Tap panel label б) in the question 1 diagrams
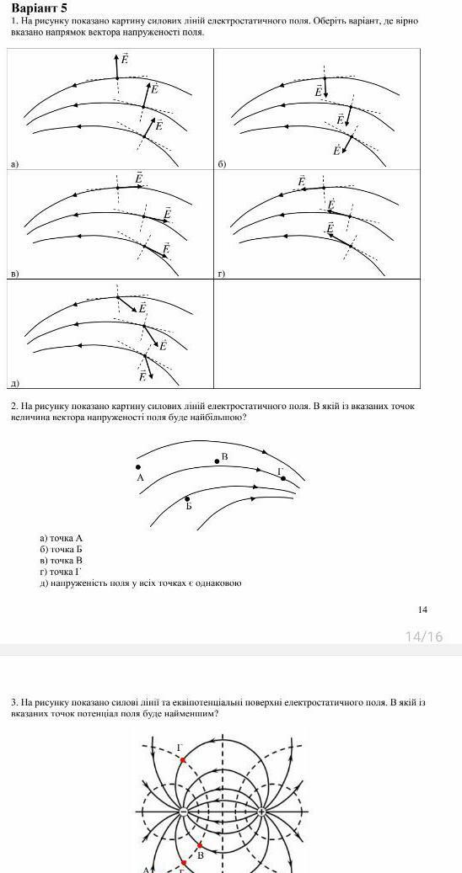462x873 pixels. pos(222,164)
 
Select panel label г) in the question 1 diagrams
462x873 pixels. pos(222,274)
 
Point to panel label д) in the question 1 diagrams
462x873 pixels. pos(15,383)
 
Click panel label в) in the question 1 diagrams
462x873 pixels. pos(15,274)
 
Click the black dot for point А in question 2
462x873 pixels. pos(138,467)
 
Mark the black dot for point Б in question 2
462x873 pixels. pos(187,499)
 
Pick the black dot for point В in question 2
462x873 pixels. pos(217,461)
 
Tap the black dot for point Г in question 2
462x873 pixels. pos(282,478)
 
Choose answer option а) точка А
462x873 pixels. pos(62,539)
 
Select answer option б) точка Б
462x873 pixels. pos(62,550)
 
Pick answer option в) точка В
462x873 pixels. pos(62,561)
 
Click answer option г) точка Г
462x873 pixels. pos(61,572)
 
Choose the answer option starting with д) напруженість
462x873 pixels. pos(141,583)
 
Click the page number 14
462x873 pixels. pos(422,610)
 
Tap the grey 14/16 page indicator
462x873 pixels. pos(424,636)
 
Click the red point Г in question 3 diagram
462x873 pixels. pos(182,759)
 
